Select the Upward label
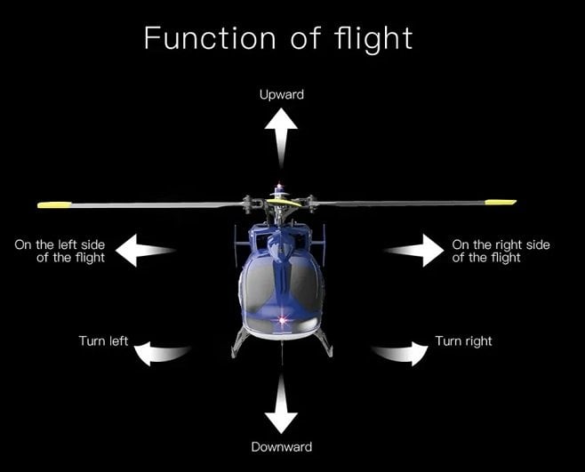coord(282,94)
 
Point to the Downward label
coord(282,446)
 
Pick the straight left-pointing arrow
coord(146,251)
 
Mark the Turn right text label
coord(463,341)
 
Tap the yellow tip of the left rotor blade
coord(53,205)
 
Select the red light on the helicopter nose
coord(282,317)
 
